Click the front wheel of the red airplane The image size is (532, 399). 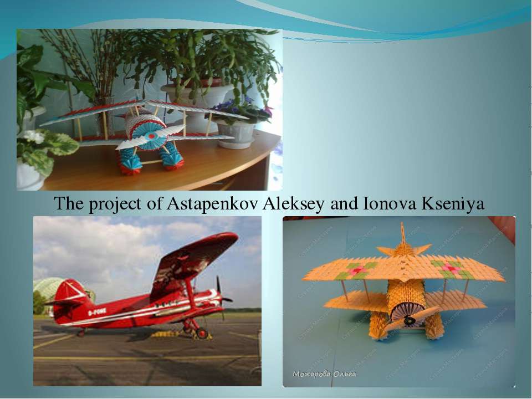(x=202, y=333)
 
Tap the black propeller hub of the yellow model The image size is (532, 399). (x=410, y=320)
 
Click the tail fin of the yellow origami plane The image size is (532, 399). (x=403, y=235)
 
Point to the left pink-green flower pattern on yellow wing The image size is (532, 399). (x=355, y=271)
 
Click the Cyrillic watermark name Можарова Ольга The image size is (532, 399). (x=325, y=374)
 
